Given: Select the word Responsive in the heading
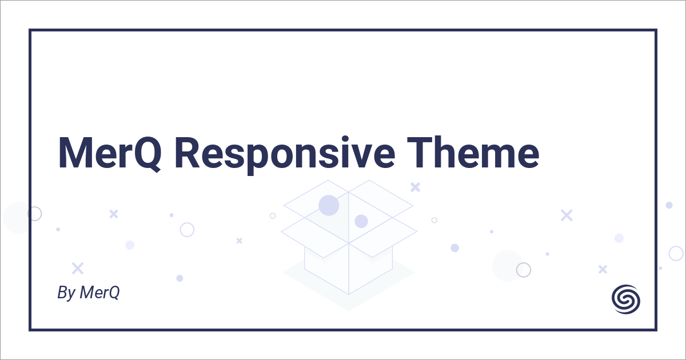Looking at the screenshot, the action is tap(285, 155).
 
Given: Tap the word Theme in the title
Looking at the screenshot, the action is tap(473, 152).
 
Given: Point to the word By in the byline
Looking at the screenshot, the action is tap(66, 293).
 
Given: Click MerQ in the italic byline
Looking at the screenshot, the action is tap(99, 293).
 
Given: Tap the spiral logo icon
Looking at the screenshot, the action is tap(626, 299).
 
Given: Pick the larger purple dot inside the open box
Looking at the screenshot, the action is tap(329, 205).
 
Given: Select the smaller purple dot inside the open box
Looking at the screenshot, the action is tap(361, 221).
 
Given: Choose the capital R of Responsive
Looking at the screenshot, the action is tap(188, 153).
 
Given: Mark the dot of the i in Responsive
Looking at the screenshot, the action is tap(345, 139).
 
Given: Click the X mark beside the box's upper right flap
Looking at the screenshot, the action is tap(415, 187).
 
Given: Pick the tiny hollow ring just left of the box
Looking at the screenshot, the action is tap(273, 213).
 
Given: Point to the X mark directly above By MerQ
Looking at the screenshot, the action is tap(78, 268).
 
